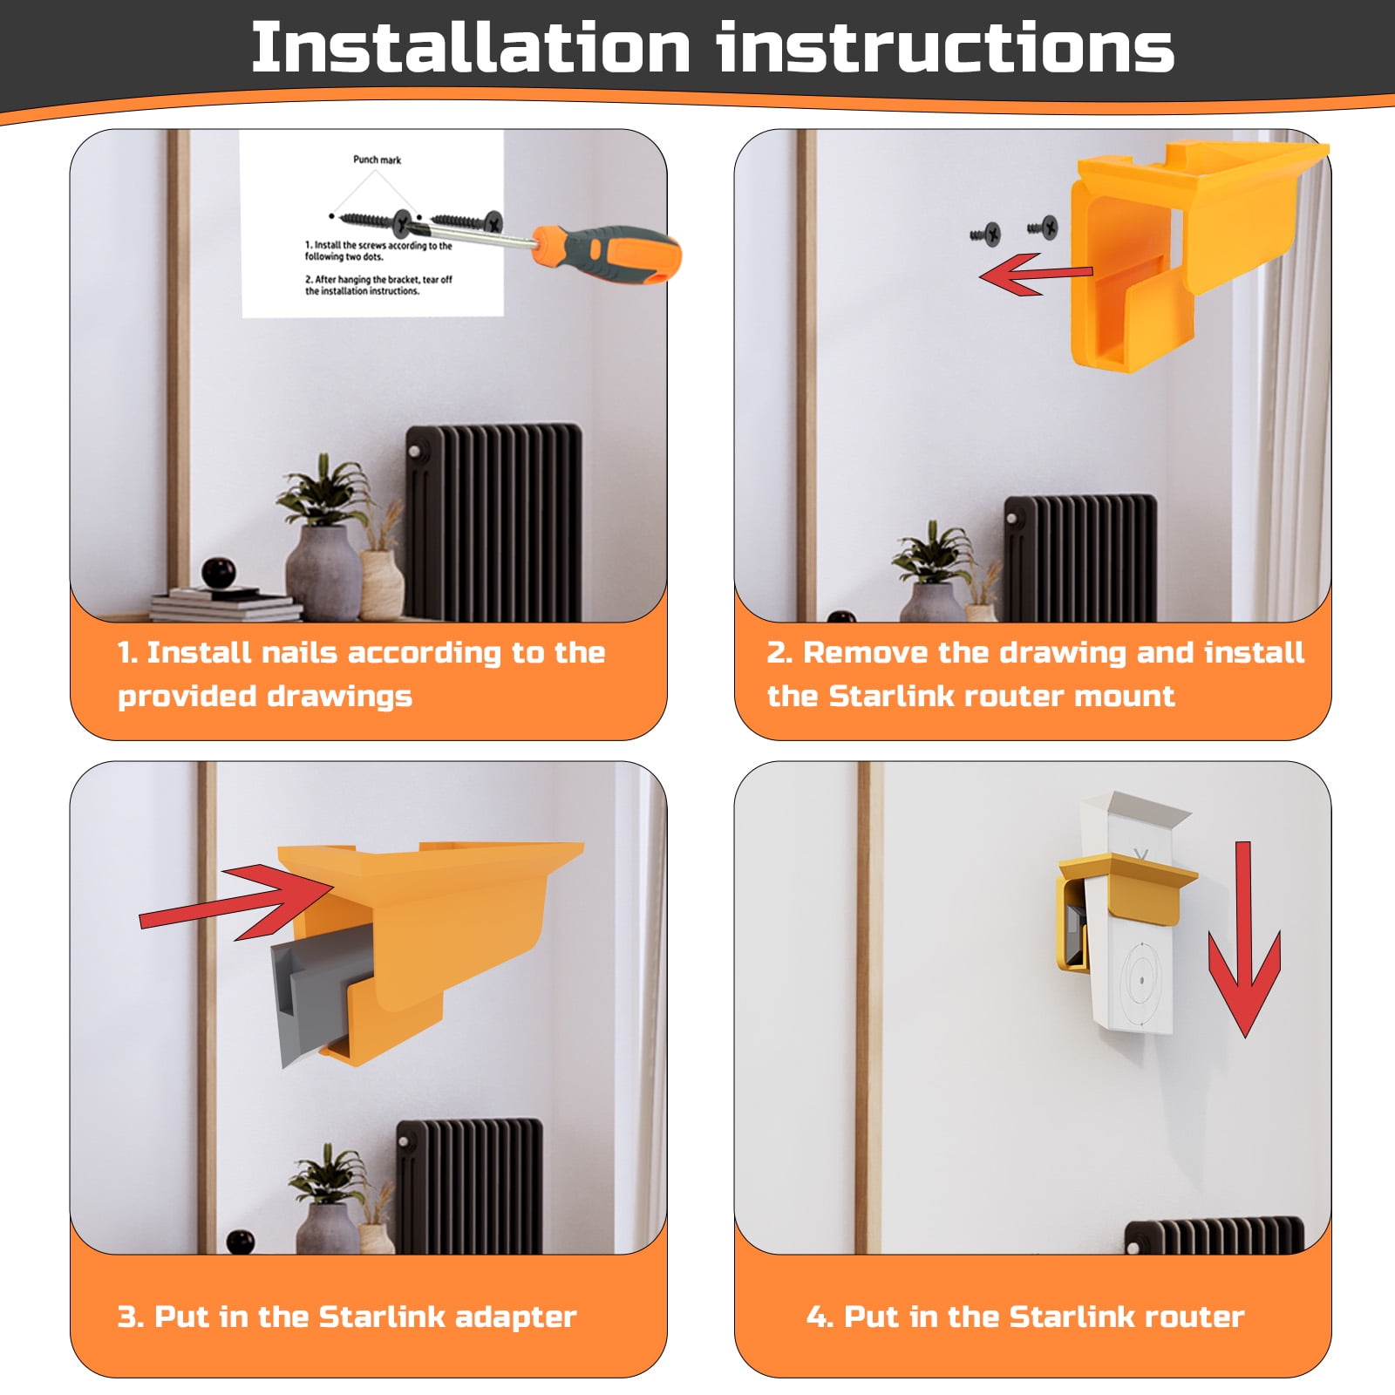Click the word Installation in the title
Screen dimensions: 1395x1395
pos(471,48)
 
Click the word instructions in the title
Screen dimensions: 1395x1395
pos(946,48)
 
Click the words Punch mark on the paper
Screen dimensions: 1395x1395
pos(377,160)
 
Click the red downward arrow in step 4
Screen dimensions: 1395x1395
pos(1244,942)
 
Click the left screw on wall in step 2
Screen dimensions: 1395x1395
pos(988,234)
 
